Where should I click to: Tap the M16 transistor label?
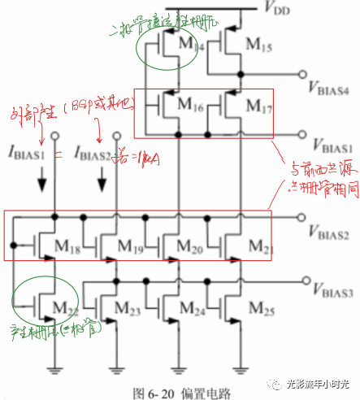click(189, 106)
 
